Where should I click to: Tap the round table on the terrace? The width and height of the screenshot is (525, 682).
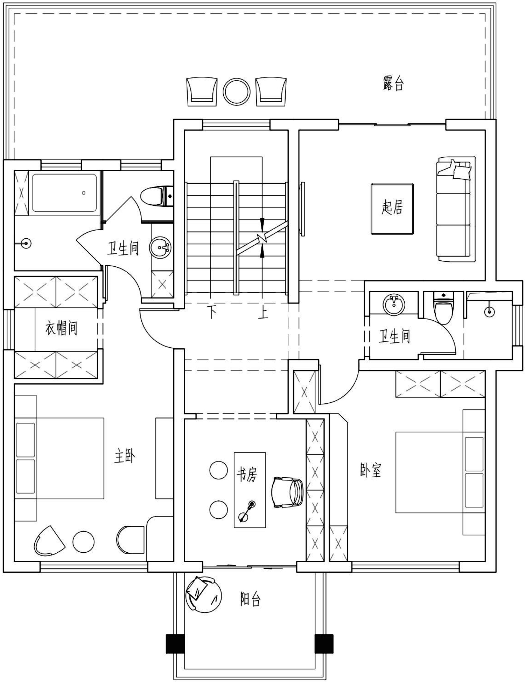(x=237, y=92)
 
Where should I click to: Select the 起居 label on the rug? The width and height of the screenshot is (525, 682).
(x=392, y=207)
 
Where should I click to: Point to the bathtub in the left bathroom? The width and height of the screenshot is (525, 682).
(x=64, y=193)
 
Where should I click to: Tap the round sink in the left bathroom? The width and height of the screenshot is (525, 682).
(x=160, y=248)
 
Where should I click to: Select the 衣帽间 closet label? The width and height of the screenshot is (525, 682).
(x=61, y=329)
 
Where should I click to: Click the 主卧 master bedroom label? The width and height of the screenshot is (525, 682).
(x=125, y=456)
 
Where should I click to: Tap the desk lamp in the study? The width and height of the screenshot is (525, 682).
(x=247, y=511)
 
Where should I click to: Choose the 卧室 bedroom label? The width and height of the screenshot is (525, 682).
(x=370, y=470)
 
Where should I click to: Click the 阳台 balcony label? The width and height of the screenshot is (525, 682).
(x=250, y=599)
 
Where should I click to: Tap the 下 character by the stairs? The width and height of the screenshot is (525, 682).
(x=211, y=312)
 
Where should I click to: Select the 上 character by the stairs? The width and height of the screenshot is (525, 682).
(x=263, y=312)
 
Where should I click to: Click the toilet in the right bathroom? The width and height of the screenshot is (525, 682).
(x=443, y=308)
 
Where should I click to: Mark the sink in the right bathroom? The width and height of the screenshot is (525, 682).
(x=394, y=305)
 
